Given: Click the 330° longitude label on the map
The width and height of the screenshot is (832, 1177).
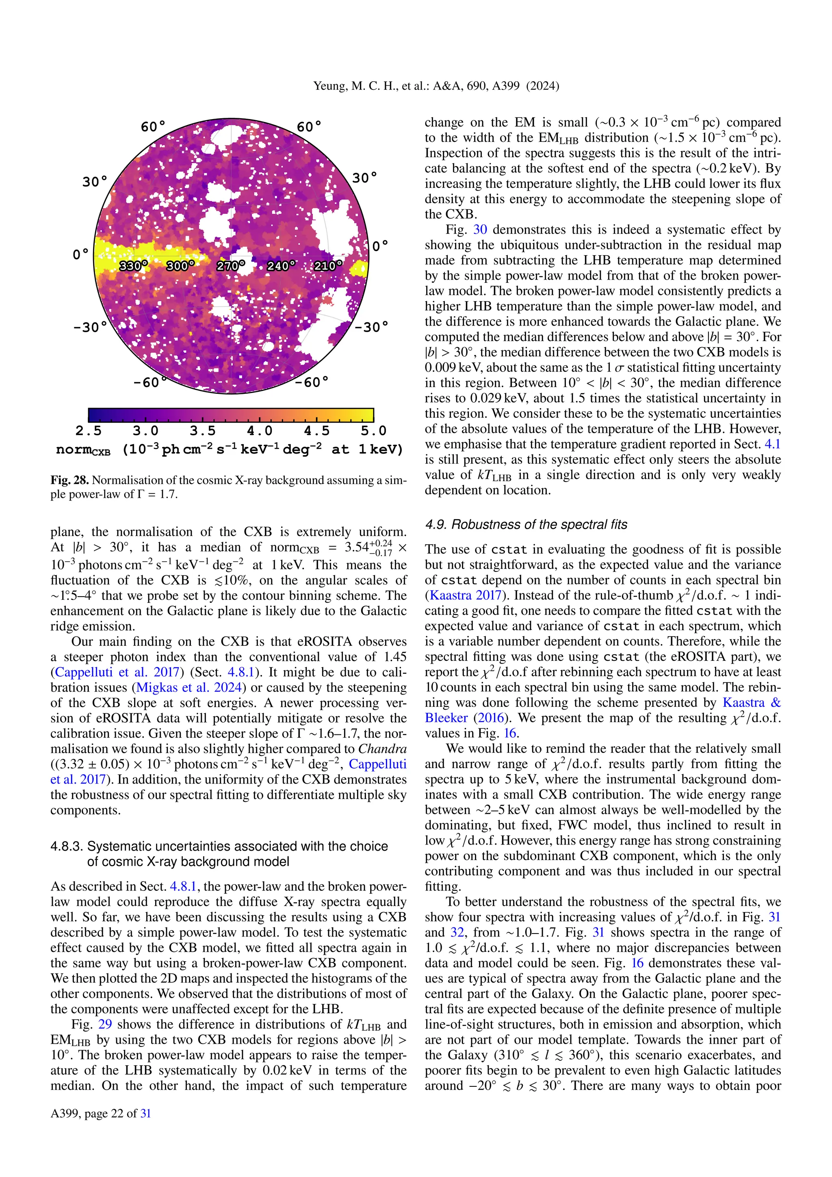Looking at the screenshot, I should click(x=133, y=265).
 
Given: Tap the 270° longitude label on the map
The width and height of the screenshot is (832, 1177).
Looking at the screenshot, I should click(x=230, y=265).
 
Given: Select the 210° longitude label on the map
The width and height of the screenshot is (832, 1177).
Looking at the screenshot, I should click(x=328, y=265).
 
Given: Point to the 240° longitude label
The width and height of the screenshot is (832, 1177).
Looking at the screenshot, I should click(x=281, y=265).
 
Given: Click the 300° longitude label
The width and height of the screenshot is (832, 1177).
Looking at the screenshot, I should click(x=180, y=265).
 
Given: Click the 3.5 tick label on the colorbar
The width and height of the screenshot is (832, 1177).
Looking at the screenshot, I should click(x=202, y=431).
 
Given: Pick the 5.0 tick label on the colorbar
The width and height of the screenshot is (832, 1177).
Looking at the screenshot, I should click(x=373, y=431).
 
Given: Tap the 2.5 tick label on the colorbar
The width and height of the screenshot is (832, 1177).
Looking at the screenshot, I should click(x=88, y=431).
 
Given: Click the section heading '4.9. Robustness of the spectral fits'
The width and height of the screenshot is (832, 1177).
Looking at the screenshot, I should click(x=526, y=524).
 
